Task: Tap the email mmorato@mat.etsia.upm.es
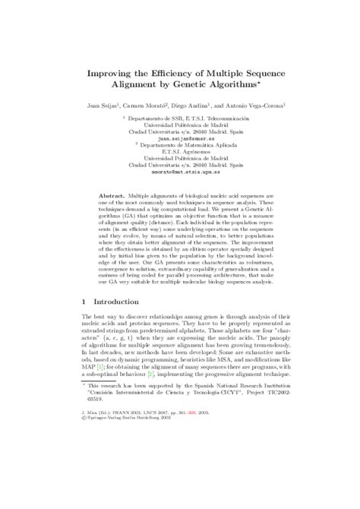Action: [x=179, y=171]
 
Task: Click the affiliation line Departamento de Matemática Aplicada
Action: [x=181, y=145]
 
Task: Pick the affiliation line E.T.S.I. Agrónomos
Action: [x=179, y=151]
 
